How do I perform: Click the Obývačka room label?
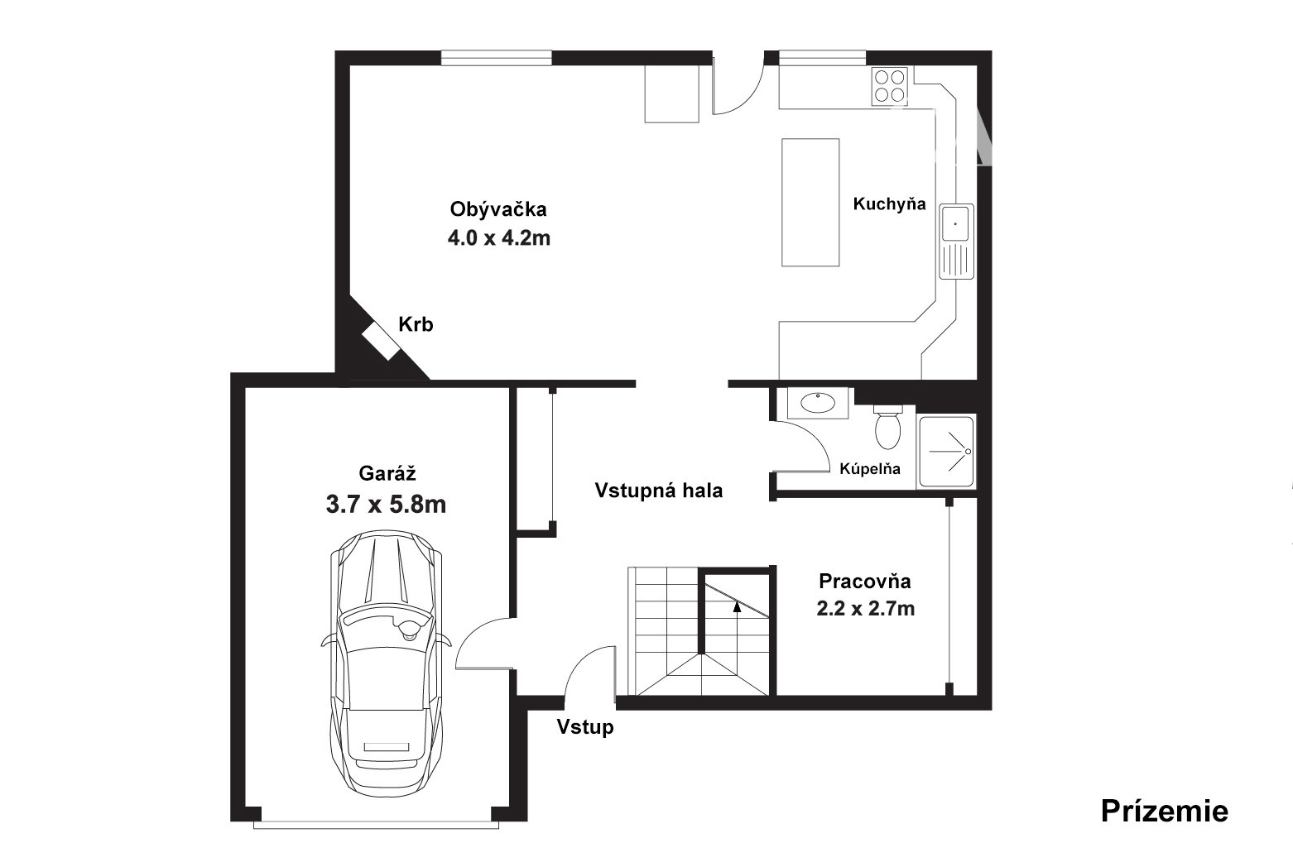(498, 208)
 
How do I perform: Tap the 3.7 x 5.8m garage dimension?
(386, 505)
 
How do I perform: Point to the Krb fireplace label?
(416, 324)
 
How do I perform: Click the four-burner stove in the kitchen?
(890, 85)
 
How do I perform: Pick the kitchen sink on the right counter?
(956, 242)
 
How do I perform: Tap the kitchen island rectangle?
(810, 203)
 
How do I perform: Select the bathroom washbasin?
(818, 403)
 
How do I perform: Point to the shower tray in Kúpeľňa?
(946, 452)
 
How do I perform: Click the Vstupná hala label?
(659, 491)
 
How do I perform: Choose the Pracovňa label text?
(865, 581)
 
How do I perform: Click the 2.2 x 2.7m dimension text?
(865, 609)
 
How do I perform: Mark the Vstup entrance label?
(584, 727)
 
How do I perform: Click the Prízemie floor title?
(1164, 812)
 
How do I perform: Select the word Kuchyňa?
(889, 204)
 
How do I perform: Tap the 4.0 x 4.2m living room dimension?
(498, 237)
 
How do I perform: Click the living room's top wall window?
(497, 58)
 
